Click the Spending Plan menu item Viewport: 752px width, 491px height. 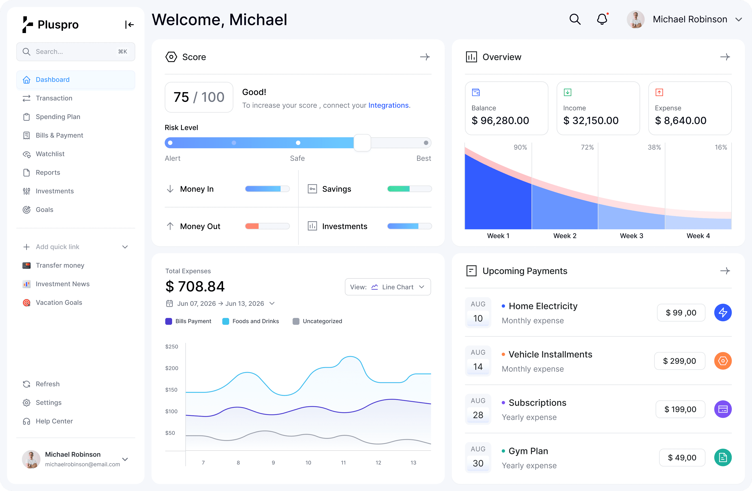click(58, 117)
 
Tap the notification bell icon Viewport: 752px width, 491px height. click(602, 19)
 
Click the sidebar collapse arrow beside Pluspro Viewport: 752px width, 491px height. click(129, 25)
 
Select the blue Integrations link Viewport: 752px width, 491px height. click(388, 105)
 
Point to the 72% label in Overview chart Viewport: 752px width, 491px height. click(587, 147)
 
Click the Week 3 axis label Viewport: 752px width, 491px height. click(631, 236)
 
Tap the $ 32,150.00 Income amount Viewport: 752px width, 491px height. click(591, 120)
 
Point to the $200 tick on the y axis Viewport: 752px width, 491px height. click(172, 368)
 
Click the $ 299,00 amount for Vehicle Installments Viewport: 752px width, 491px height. click(679, 361)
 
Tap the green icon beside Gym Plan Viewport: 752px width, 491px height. click(723, 458)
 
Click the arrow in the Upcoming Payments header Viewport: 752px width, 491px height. click(725, 271)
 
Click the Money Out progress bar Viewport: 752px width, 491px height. click(267, 226)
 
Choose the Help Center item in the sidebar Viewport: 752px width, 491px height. click(54, 421)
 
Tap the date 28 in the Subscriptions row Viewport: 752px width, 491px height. click(478, 415)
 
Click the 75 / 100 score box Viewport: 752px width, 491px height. click(199, 97)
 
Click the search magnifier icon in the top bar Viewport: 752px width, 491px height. click(575, 19)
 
